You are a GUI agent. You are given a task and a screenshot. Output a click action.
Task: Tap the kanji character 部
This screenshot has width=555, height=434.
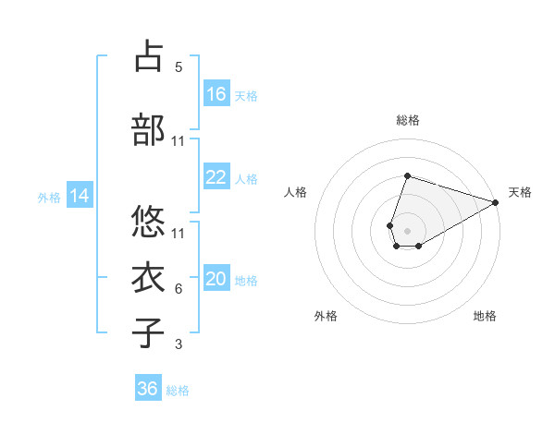(150, 130)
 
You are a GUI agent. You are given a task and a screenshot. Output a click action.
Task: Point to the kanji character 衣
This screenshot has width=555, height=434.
(150, 276)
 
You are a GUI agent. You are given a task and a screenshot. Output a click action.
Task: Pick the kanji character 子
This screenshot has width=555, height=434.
(150, 333)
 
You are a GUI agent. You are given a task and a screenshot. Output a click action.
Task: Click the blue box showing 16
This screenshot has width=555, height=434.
(216, 94)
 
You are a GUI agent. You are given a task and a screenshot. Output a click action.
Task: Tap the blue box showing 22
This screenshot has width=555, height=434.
(216, 177)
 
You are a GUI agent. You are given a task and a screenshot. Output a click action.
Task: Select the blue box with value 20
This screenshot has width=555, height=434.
(216, 280)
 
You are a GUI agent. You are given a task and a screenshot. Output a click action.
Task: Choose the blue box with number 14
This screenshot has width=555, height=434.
(80, 196)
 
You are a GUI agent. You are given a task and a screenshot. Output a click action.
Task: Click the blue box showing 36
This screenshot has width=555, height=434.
(148, 389)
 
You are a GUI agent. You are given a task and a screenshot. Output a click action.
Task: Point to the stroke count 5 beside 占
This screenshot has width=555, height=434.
(179, 66)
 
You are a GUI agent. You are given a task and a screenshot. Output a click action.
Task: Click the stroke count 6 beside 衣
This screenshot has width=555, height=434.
(179, 289)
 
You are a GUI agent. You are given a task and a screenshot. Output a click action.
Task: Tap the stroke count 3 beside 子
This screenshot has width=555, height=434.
(179, 344)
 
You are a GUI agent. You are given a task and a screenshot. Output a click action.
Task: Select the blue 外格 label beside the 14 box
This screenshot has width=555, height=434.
(48, 197)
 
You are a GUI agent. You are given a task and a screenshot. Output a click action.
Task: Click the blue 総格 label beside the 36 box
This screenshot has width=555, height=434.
(178, 391)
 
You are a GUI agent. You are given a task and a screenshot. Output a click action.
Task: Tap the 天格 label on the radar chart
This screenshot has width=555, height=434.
(520, 192)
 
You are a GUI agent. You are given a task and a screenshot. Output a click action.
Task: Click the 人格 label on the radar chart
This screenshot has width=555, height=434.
(295, 192)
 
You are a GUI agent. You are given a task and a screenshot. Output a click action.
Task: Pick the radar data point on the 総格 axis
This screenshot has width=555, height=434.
(407, 175)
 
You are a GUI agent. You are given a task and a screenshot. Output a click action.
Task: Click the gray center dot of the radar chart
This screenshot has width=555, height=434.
(407, 229)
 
